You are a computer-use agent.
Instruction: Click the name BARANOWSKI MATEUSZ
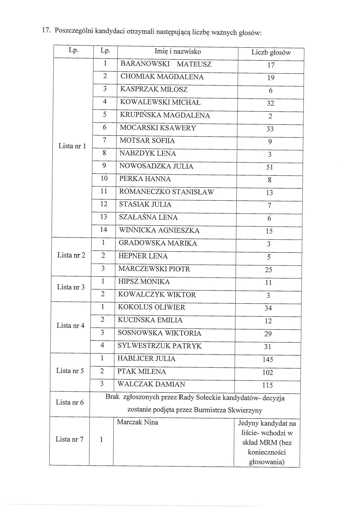(166, 64)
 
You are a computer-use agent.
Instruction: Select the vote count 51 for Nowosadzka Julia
(269, 167)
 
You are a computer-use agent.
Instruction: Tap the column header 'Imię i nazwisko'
(178, 51)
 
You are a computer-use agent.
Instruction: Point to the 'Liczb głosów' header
(271, 52)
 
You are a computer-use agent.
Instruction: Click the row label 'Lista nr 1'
(72, 146)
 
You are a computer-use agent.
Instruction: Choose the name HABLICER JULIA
(146, 359)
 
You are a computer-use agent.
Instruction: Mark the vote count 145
(268, 360)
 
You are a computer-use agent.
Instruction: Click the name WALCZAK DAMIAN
(151, 384)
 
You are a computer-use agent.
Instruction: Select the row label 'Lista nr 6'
(70, 402)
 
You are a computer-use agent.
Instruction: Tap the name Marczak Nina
(137, 422)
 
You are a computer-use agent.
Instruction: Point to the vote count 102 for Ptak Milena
(268, 373)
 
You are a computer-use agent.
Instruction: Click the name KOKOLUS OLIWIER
(151, 307)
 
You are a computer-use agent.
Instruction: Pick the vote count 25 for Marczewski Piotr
(268, 270)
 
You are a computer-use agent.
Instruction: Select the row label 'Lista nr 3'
(71, 287)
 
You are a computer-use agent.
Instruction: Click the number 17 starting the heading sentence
(45, 31)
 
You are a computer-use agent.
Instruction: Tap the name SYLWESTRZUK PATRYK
(160, 346)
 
